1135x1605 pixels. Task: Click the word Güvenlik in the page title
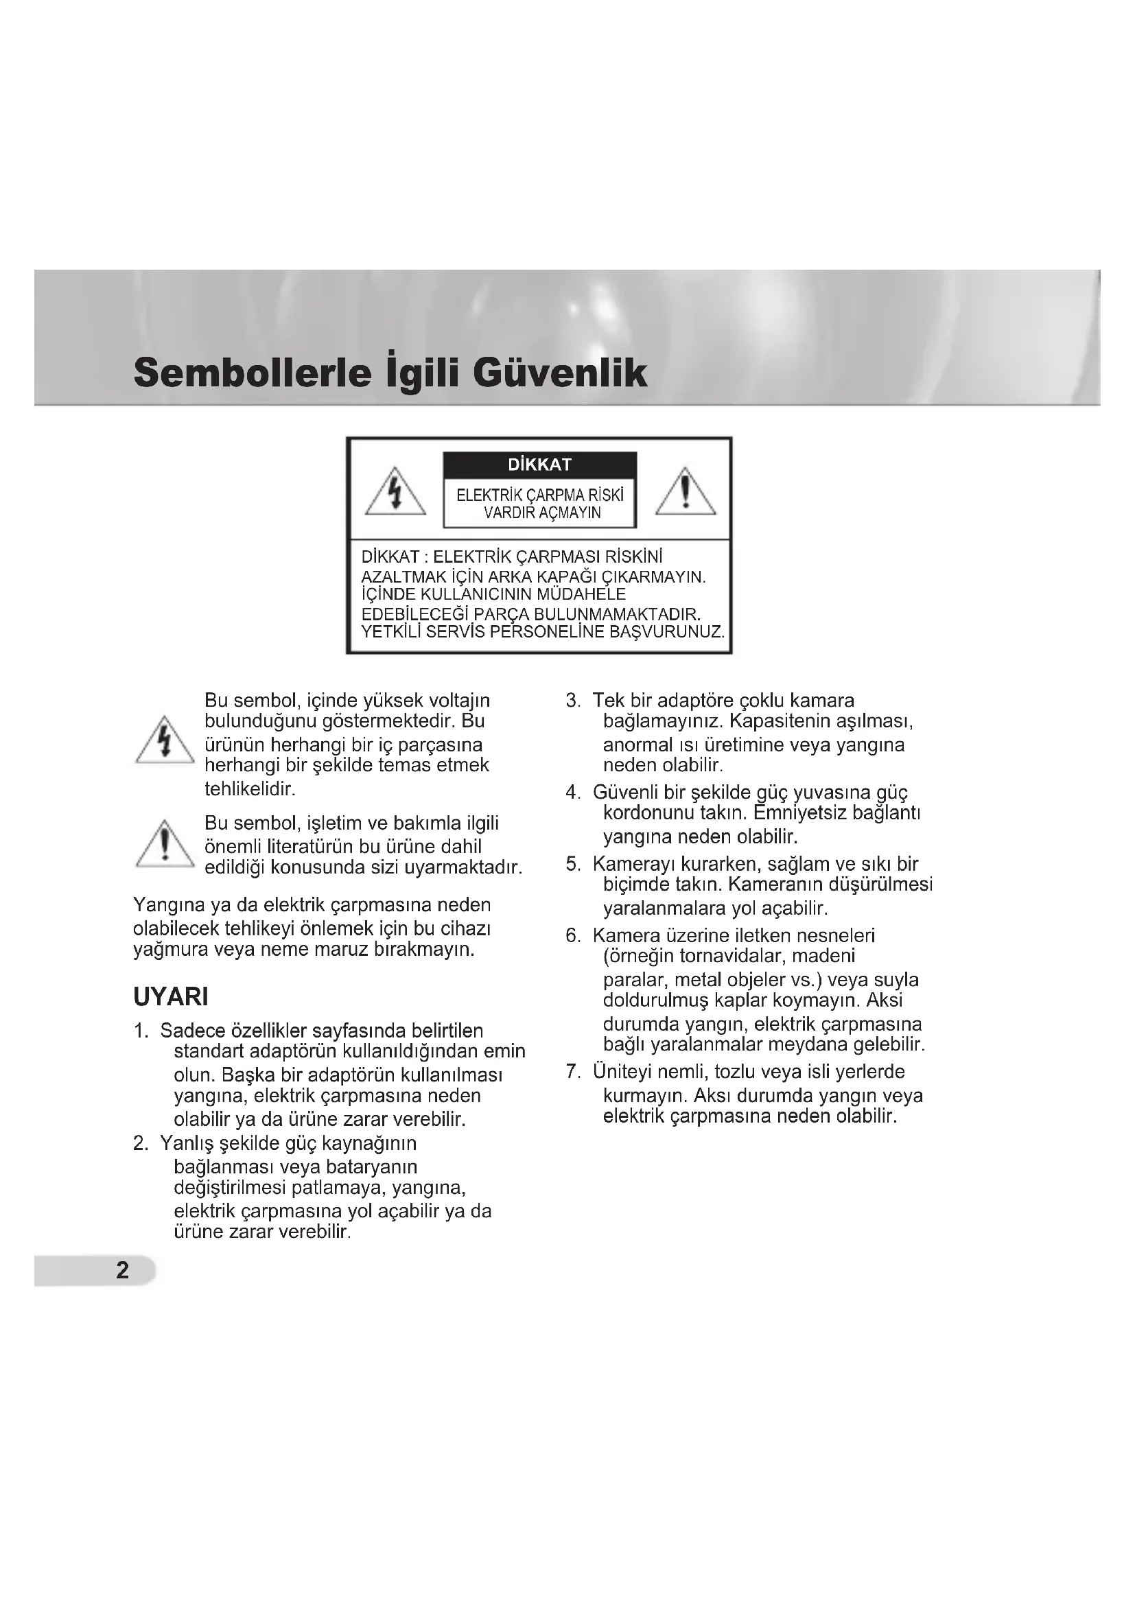click(x=560, y=373)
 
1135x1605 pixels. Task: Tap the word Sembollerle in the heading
click(x=253, y=373)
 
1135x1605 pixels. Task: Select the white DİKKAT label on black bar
click(x=539, y=465)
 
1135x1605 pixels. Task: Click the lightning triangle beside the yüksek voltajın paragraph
click(x=165, y=742)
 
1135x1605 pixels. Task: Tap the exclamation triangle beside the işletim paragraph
click(x=165, y=845)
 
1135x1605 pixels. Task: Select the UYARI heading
click(x=171, y=997)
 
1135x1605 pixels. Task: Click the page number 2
click(x=122, y=1270)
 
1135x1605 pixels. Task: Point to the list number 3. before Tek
click(x=573, y=701)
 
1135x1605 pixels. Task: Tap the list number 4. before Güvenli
click(x=573, y=793)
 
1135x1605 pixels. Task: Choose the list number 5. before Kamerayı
click(x=573, y=865)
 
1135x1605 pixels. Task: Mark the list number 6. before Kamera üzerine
click(x=573, y=936)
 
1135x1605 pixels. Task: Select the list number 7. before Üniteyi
click(x=573, y=1072)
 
